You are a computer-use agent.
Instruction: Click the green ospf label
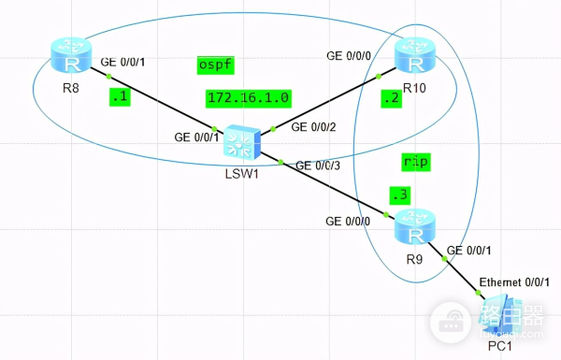pyautogui.click(x=216, y=65)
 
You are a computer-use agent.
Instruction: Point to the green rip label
pyautogui.click(x=415, y=162)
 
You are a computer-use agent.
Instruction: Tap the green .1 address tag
pyautogui.click(x=119, y=95)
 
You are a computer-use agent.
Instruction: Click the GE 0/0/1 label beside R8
pyautogui.click(x=124, y=64)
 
